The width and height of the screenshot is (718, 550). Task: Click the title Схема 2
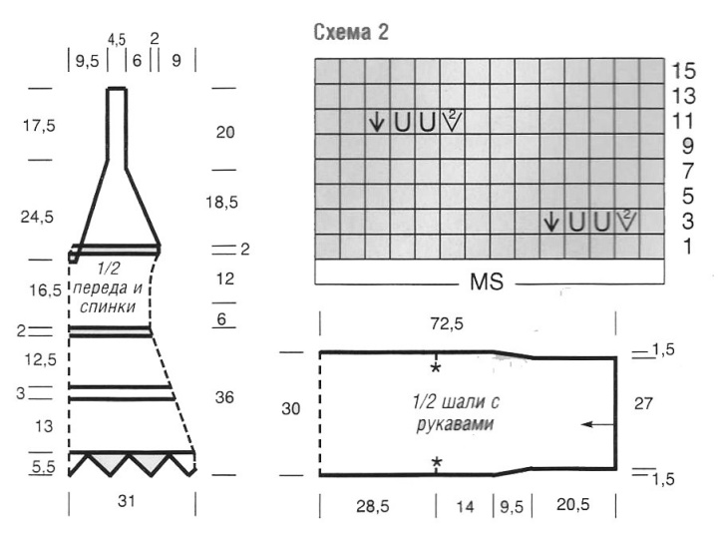pos(351,33)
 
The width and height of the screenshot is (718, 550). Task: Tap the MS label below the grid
pos(487,281)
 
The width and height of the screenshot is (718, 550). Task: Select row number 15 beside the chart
pos(684,71)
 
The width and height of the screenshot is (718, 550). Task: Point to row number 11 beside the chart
pos(684,121)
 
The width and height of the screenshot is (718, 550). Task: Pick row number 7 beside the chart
pos(688,171)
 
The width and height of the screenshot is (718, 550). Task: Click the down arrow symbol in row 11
pos(376,122)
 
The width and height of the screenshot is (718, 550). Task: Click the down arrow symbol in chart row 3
pos(551,222)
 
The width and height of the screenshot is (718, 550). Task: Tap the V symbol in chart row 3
pos(627,221)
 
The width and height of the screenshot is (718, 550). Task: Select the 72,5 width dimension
pos(447,324)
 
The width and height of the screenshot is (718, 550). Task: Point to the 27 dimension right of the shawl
pos(643,404)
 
